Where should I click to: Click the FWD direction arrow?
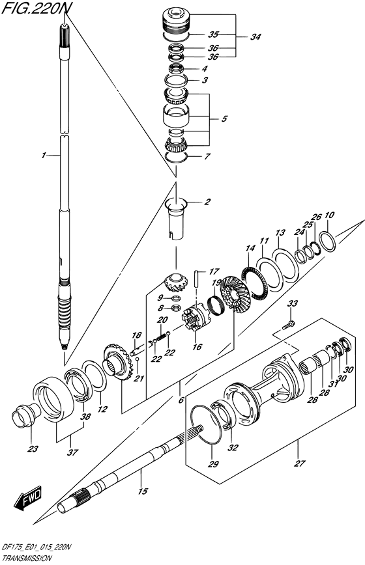[x=29, y=499]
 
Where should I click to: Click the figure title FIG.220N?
[x=35, y=8]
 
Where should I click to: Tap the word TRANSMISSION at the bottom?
[x=26, y=558]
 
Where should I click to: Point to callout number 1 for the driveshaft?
[x=43, y=156]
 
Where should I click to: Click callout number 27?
[x=299, y=463]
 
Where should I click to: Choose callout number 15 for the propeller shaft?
[x=143, y=491]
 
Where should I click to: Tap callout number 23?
[x=33, y=449]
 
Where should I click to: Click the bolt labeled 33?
[x=289, y=325]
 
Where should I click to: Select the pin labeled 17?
[x=197, y=278]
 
